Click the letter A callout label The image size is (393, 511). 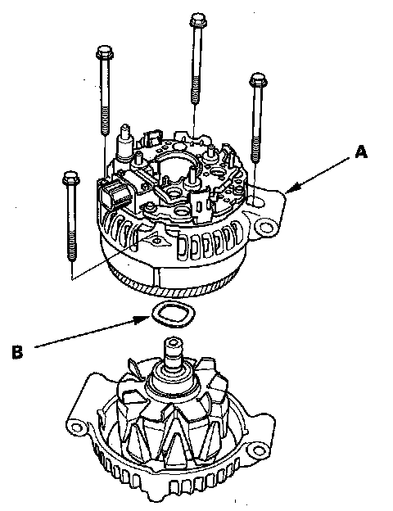click(x=361, y=152)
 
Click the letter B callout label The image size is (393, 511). click(x=18, y=352)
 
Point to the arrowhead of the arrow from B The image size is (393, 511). click(x=143, y=319)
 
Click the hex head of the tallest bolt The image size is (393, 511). click(x=198, y=20)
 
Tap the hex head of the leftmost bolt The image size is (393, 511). click(x=71, y=179)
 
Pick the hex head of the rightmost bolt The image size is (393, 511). click(x=259, y=80)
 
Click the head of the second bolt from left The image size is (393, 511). click(x=105, y=52)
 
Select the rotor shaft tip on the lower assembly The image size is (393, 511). click(x=173, y=344)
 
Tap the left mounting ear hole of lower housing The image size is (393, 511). click(x=76, y=427)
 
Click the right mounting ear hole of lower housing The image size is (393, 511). click(x=259, y=450)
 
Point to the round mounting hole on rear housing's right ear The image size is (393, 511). click(x=267, y=226)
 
